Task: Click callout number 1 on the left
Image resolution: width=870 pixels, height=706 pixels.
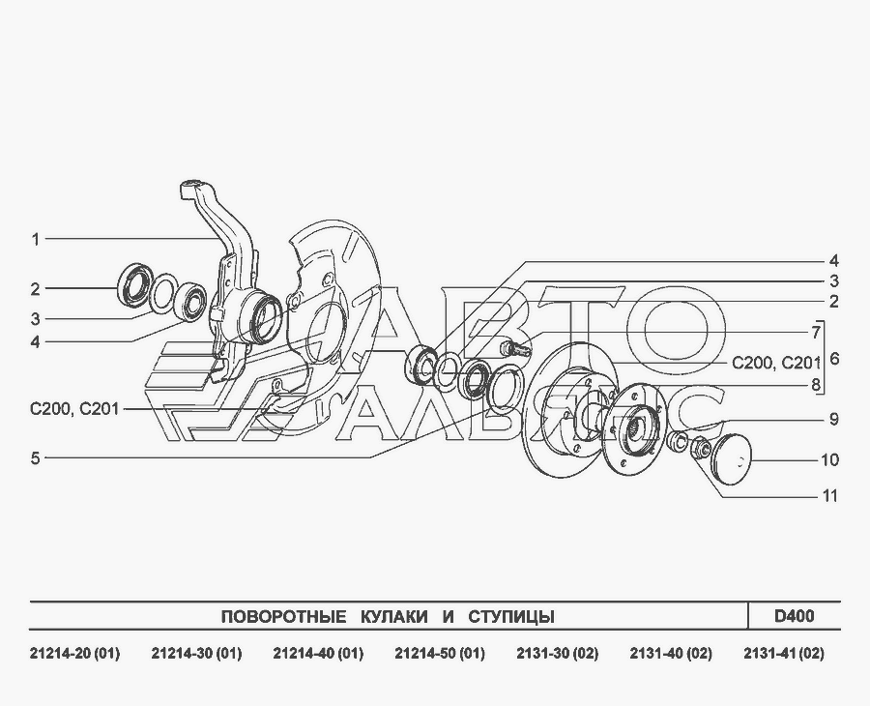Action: click(x=36, y=240)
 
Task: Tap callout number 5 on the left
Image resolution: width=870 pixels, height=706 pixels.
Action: click(x=36, y=458)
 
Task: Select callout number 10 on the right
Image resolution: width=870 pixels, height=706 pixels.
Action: click(x=829, y=460)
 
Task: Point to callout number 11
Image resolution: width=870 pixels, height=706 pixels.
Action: click(x=829, y=495)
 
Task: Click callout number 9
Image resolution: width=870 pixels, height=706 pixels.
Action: click(x=834, y=420)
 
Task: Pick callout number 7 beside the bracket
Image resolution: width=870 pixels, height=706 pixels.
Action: click(x=816, y=333)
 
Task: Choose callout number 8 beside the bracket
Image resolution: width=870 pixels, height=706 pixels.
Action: click(x=816, y=385)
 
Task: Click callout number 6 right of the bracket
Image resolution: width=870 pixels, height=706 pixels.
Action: click(x=834, y=359)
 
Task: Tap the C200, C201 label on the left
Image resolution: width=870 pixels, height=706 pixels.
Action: click(x=74, y=410)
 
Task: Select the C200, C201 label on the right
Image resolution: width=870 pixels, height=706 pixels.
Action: click(x=776, y=363)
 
